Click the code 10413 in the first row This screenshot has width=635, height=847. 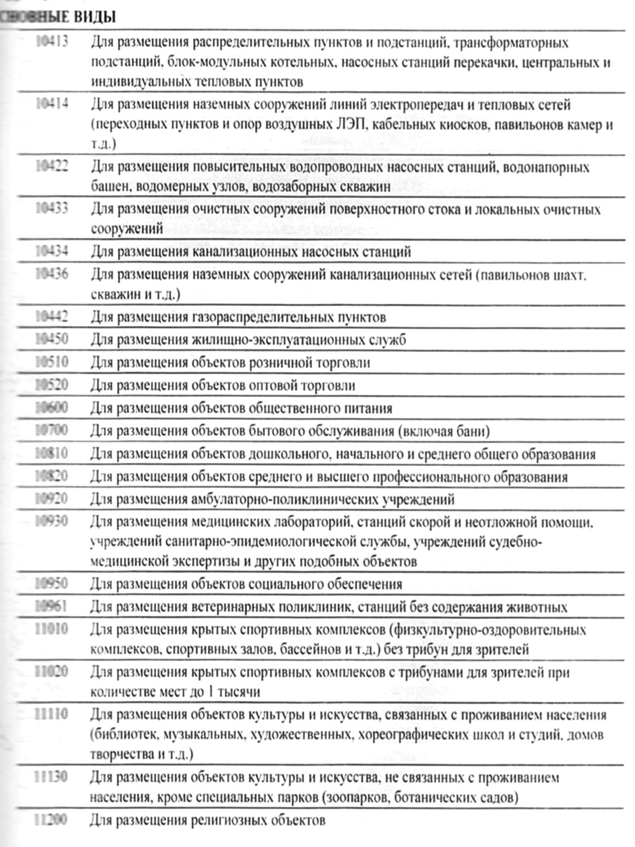[51, 42]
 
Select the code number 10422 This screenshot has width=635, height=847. [51, 167]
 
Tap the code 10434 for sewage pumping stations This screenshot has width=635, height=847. [51, 251]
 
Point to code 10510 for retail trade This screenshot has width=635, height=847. [51, 362]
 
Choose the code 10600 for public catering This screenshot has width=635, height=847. [51, 408]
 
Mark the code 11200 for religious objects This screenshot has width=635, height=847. [51, 819]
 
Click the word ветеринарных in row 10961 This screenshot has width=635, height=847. [232, 608]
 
